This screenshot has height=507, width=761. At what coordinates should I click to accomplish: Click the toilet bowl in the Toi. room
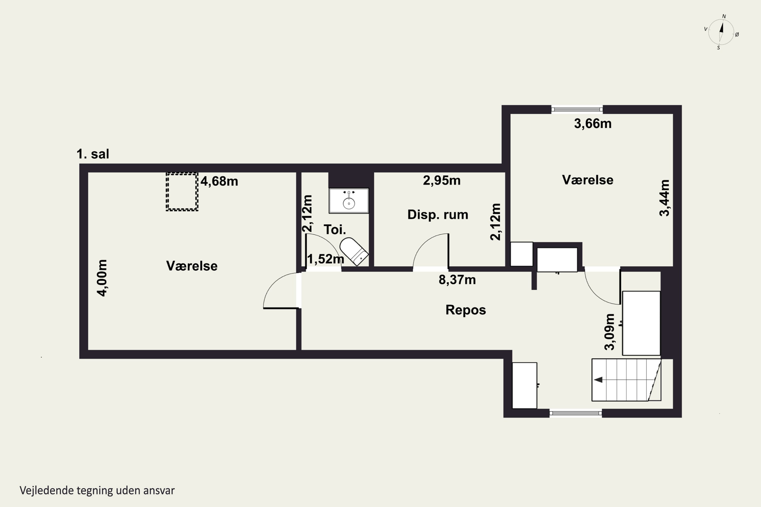pos(354,251)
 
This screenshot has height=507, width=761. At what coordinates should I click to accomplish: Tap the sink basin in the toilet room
pos(349,201)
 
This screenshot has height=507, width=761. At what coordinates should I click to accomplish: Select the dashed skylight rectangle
pos(182,192)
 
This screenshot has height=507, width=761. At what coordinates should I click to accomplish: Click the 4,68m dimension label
pos(219,182)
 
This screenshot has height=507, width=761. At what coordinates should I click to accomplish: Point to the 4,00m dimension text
pos(102,278)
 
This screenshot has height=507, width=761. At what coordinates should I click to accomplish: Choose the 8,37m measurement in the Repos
pos(457,280)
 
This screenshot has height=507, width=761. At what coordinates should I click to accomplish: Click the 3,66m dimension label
pos(593,123)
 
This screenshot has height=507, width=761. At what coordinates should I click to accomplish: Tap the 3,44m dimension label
pos(665,198)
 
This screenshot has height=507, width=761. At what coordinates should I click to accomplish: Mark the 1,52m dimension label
pos(325,259)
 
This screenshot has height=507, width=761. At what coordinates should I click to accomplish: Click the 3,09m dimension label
pos(610,332)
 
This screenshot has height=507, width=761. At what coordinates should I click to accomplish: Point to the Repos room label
pos(465,310)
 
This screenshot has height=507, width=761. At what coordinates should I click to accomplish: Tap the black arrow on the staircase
pos(598,379)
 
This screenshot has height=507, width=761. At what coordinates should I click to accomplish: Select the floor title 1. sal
pos(93,154)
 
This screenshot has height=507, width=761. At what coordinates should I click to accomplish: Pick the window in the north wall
pos(577,109)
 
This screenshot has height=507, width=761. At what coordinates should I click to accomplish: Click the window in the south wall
pos(576,413)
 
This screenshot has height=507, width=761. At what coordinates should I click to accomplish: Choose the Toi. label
pos(335,230)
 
